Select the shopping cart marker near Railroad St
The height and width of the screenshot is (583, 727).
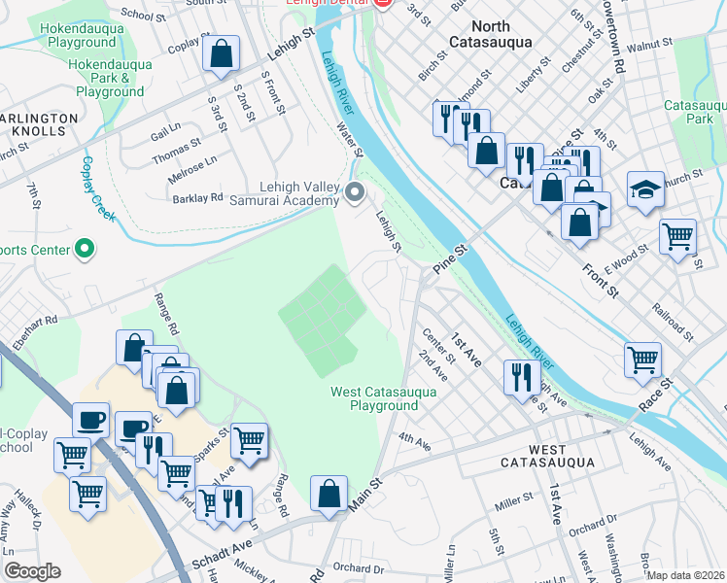(643, 359)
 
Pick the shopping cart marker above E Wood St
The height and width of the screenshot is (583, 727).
(677, 236)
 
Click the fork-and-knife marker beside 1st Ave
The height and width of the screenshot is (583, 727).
(522, 375)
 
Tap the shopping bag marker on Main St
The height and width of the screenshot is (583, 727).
(329, 493)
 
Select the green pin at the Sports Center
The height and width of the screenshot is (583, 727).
(85, 250)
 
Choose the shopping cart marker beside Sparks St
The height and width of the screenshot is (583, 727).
(249, 440)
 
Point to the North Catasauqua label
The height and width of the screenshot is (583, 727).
(490, 36)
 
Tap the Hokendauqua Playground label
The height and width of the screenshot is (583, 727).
(78, 35)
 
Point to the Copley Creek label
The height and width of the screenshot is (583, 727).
(99, 188)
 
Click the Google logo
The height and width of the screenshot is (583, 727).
(33, 571)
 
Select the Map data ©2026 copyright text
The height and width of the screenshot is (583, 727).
(685, 575)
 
